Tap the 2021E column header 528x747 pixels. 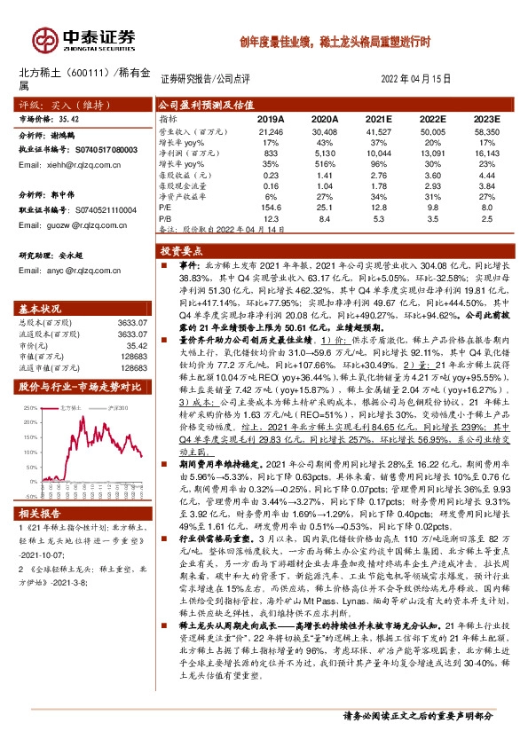point(378,119)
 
